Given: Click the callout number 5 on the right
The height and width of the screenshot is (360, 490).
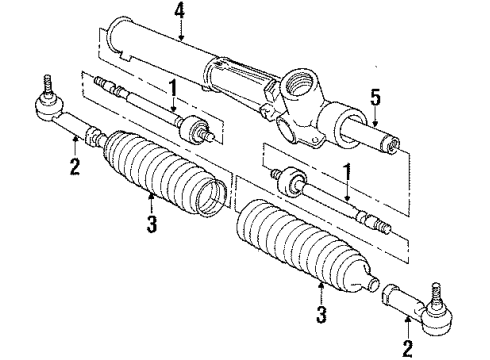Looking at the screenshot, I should click(x=377, y=99).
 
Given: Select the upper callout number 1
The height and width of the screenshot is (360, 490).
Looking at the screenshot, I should click(x=172, y=91).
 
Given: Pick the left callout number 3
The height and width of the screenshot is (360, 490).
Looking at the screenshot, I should click(x=151, y=225).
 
